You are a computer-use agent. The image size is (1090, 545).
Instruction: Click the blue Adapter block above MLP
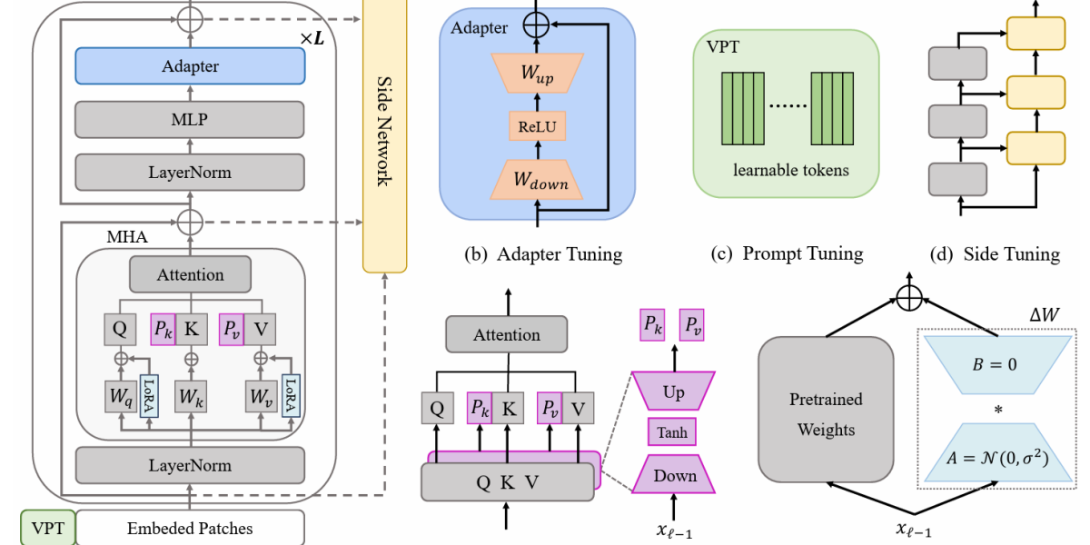(190, 66)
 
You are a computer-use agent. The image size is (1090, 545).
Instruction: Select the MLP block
(190, 119)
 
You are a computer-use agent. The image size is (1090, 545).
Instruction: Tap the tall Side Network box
(383, 136)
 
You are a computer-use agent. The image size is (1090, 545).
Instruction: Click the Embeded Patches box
(190, 528)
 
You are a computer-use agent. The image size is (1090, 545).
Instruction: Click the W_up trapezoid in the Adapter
(535, 73)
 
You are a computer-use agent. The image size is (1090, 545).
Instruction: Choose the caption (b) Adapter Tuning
(543, 254)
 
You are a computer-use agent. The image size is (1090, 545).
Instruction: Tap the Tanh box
(672, 432)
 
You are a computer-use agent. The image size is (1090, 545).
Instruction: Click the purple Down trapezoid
(674, 475)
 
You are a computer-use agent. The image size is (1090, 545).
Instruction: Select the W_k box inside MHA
(190, 397)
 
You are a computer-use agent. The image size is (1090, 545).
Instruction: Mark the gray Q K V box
(507, 482)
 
